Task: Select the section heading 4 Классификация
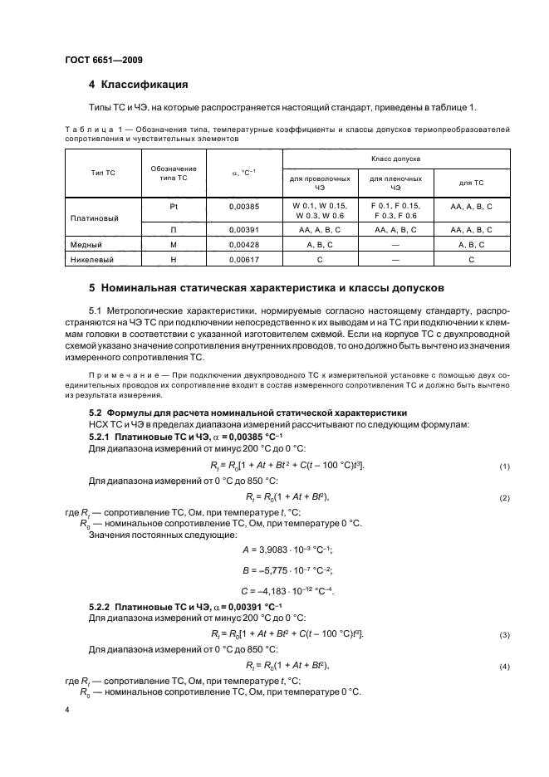click(x=138, y=84)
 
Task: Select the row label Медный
click(x=90, y=245)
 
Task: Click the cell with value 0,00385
click(x=244, y=205)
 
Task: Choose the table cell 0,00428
click(x=244, y=245)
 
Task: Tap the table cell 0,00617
click(x=244, y=261)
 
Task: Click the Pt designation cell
click(x=174, y=205)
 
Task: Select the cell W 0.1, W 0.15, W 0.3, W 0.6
click(x=320, y=210)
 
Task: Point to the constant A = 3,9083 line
click(x=275, y=550)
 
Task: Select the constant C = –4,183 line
click(x=275, y=590)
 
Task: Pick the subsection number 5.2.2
click(x=102, y=608)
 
